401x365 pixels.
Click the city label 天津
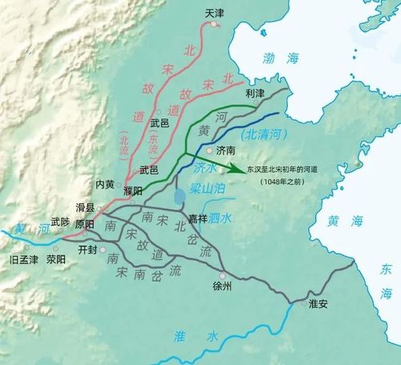(214, 14)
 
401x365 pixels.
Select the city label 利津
(254, 94)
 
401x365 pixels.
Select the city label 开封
(88, 249)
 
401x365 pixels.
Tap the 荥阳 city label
(57, 259)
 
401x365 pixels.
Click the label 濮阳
(133, 190)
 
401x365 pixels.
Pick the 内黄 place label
(106, 183)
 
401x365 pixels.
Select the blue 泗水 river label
(219, 218)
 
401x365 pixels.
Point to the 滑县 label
(86, 208)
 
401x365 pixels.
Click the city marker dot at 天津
(214, 25)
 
